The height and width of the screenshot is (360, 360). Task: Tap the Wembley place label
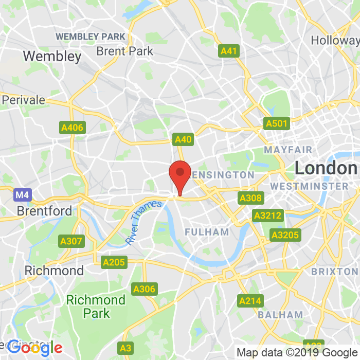pos(52,56)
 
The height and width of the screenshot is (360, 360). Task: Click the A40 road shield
pos(183,139)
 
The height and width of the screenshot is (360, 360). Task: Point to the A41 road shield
pos(229,50)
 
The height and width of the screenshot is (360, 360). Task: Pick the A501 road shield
pos(277,123)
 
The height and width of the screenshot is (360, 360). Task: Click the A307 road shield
pos(71,241)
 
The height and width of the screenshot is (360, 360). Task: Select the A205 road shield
pos(114,262)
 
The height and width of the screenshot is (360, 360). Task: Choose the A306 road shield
pos(144,289)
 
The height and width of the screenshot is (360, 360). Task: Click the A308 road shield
pos(250,198)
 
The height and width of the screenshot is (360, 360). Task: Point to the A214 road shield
pos(250,300)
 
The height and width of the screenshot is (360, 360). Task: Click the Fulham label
pos(207,232)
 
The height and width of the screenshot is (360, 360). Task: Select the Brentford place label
pos(44,211)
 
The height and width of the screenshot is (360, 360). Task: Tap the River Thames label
pos(143,223)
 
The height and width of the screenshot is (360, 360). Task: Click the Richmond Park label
pos(96,306)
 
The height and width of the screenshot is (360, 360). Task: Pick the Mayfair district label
pos(288,150)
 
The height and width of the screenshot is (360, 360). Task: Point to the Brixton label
pos(335,271)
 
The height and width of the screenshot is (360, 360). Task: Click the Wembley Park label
pos(91,37)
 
